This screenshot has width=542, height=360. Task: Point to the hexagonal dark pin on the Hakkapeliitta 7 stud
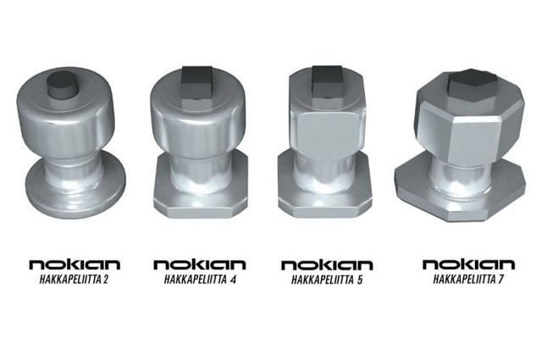point(473,86)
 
